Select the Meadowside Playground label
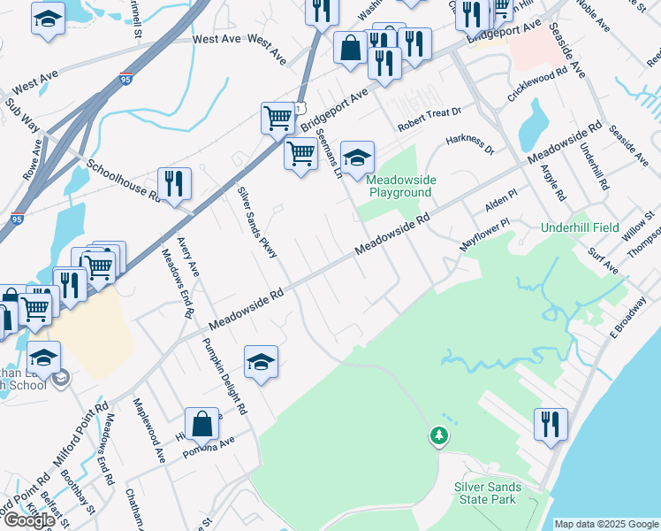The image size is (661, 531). [x=399, y=185]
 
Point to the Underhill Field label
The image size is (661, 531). [x=580, y=227]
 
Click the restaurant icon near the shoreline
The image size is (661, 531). [x=551, y=424]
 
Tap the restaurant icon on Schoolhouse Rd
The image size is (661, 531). [x=174, y=184]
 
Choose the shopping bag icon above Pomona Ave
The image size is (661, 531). [x=202, y=424]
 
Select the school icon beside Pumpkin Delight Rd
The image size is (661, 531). [x=261, y=362]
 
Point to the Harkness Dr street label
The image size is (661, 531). [x=469, y=143]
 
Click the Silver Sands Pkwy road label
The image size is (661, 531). [x=257, y=223]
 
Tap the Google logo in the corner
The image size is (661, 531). [x=29, y=520]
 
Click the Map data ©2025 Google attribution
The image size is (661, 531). [x=605, y=524]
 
